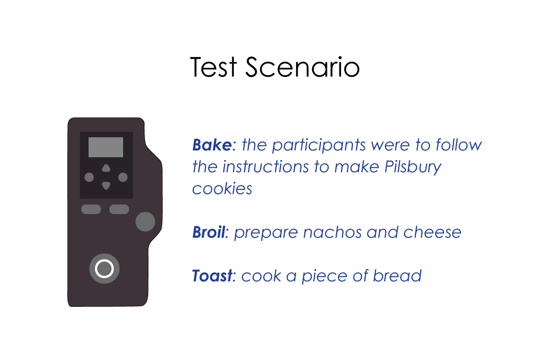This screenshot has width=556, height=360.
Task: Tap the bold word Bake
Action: [212, 145]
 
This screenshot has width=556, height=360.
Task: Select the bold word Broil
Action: [208, 232]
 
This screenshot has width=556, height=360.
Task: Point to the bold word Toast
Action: [212, 276]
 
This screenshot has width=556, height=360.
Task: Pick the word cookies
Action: [222, 189]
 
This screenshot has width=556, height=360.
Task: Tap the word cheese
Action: [432, 233]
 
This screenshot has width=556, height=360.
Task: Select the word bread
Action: [397, 276]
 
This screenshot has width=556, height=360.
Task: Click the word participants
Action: [319, 145]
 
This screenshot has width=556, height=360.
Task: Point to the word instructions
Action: [265, 166]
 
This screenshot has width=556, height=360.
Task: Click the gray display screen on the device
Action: [106, 147]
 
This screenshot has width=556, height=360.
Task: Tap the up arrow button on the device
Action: [106, 168]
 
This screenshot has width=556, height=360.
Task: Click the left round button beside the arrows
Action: [89, 177]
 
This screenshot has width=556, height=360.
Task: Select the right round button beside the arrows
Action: [123, 177]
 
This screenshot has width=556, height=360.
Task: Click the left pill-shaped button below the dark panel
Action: [91, 209]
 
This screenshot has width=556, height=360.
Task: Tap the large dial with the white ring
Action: [104, 269]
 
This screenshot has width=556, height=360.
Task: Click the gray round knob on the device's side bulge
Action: [145, 222]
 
